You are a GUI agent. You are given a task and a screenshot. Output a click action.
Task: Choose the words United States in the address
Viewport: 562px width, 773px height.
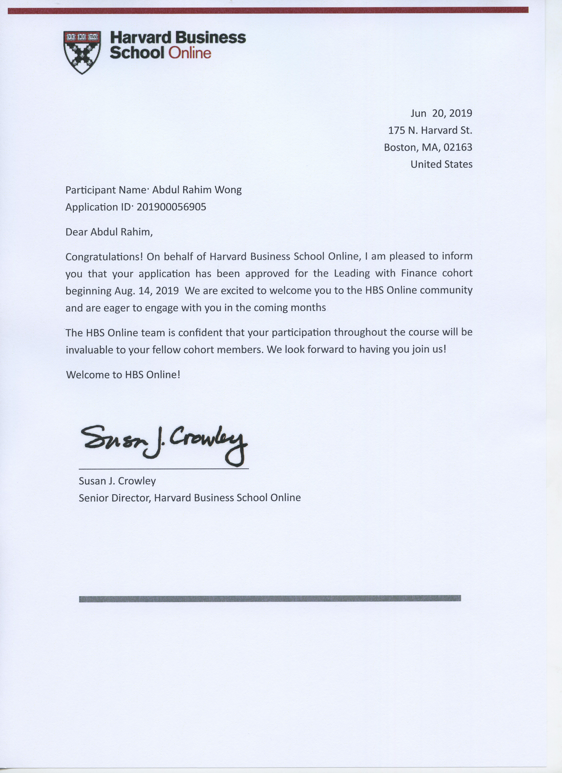pyautogui.click(x=441, y=164)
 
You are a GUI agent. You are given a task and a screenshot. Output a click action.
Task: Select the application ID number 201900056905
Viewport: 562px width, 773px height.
pyautogui.click(x=171, y=207)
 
